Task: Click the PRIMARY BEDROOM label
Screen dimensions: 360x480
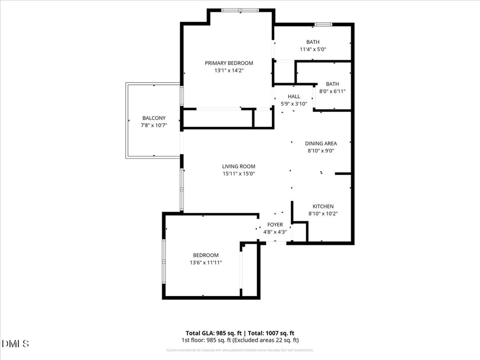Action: tap(229, 63)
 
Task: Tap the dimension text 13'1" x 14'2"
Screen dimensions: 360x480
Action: tap(229, 70)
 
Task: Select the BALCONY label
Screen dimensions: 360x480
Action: tap(154, 118)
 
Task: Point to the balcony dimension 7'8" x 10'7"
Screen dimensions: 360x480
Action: tap(154, 125)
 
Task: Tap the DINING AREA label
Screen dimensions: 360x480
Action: tap(321, 143)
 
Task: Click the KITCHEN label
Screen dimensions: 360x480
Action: tap(323, 206)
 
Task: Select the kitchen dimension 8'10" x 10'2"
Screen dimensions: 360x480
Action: tap(323, 214)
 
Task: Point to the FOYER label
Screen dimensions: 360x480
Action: tap(275, 225)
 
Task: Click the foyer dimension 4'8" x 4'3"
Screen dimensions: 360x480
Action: tap(275, 232)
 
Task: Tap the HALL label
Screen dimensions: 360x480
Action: tap(294, 97)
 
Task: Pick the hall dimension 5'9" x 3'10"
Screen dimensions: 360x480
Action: tap(294, 104)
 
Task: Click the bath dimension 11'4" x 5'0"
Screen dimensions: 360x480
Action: tap(313, 49)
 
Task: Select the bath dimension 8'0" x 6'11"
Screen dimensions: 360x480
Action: tap(332, 91)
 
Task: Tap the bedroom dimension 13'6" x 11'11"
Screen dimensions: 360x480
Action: tap(206, 262)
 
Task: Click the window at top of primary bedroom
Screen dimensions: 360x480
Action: tap(240, 10)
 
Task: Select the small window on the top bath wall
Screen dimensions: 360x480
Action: tap(323, 24)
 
